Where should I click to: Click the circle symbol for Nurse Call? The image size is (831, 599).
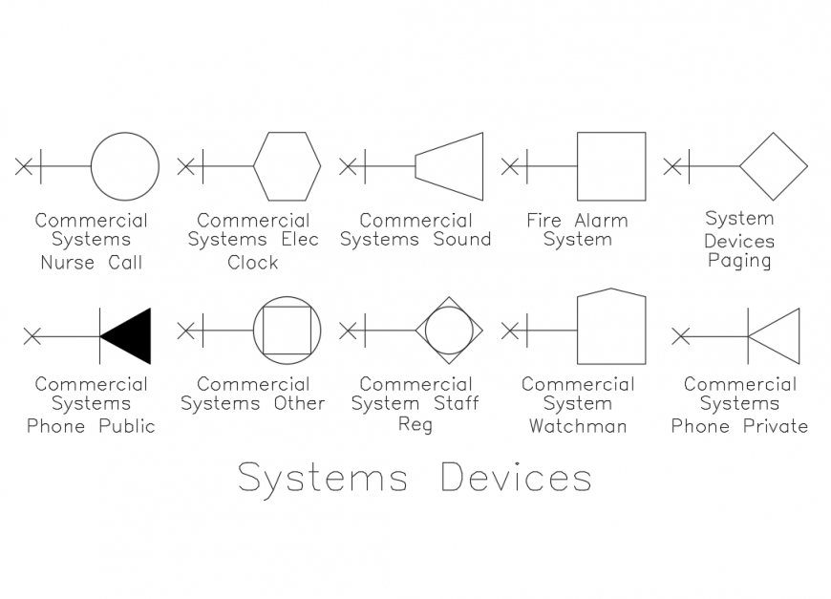(125, 166)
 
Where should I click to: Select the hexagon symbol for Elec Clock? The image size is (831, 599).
(287, 166)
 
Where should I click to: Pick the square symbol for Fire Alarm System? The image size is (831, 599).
(611, 166)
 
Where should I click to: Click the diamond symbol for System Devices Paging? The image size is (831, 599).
(774, 166)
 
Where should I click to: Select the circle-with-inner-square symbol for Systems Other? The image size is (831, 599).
(287, 331)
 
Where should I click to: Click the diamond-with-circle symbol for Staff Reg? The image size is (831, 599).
(449, 331)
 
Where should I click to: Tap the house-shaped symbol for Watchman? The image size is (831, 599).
(611, 328)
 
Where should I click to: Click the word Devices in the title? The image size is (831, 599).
(516, 478)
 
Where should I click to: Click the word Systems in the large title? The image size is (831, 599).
(323, 478)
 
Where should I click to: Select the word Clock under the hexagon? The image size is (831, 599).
(253, 262)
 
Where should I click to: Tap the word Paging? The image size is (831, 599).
(739, 261)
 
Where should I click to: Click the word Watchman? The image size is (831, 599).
(578, 426)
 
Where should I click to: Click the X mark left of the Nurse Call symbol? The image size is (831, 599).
(24, 166)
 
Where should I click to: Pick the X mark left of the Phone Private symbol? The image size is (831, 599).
(680, 336)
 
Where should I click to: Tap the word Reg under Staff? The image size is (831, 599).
(415, 425)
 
